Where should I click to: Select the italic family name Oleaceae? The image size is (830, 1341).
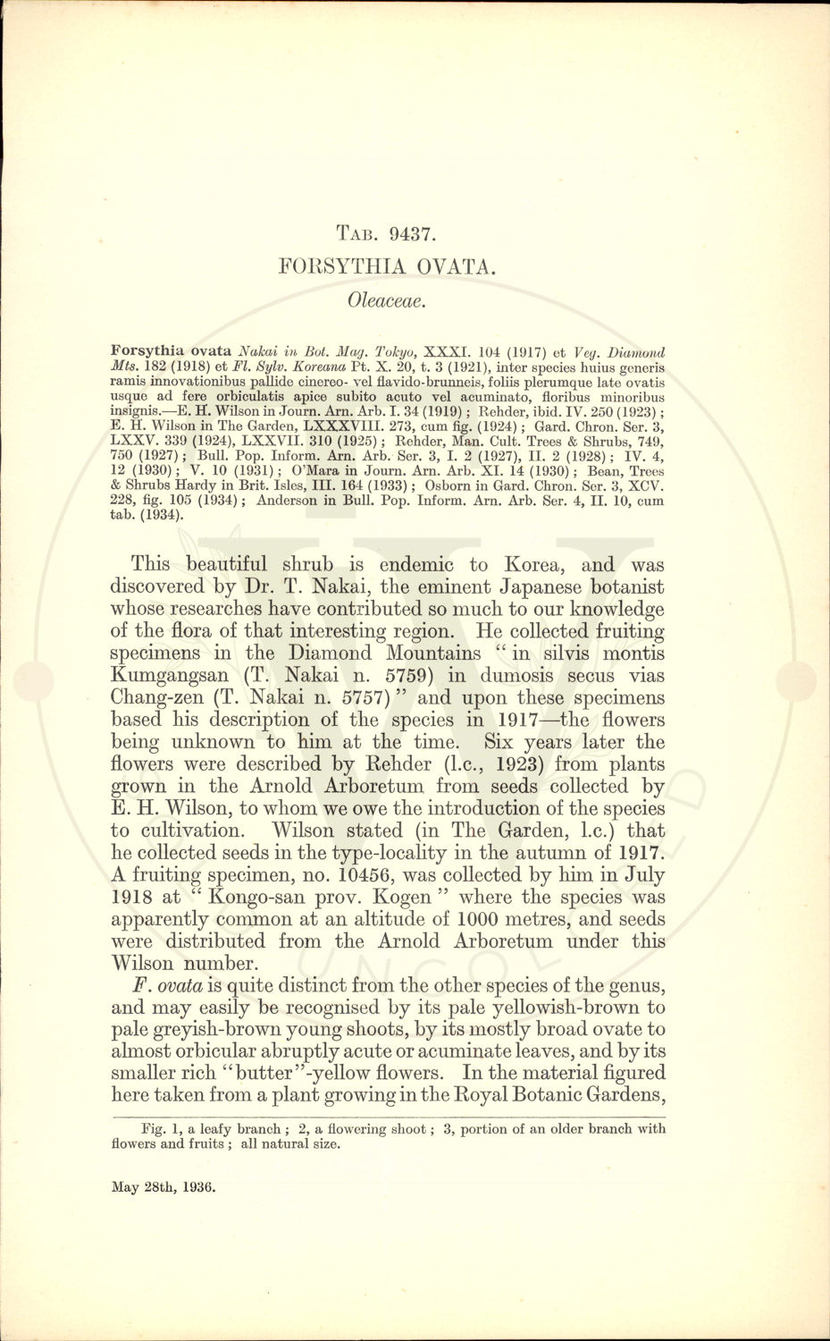click(386, 299)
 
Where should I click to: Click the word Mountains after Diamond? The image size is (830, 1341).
click(432, 654)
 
